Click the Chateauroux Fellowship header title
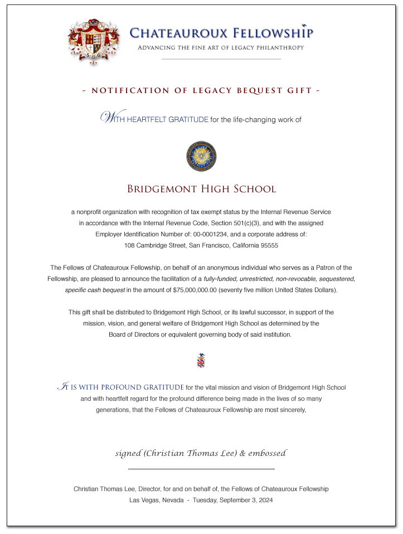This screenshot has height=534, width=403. tap(221, 33)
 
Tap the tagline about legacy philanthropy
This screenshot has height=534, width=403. tap(221, 48)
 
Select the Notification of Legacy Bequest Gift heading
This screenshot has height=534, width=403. tap(201, 90)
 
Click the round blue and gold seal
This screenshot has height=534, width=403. tap(201, 156)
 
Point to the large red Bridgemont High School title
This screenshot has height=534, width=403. tap(201, 189)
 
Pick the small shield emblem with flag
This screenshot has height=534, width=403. tap(201, 361)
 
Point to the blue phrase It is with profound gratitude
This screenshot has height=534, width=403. tap(122, 387)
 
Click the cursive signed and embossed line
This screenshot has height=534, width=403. tap(201, 453)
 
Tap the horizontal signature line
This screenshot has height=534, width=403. tap(201, 469)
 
